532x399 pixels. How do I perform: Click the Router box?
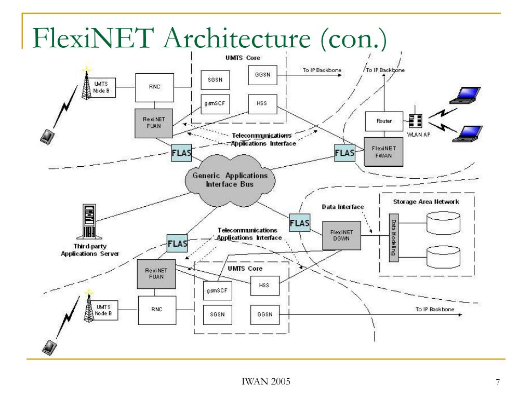click(384, 121)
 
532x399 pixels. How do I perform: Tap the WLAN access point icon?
click(415, 121)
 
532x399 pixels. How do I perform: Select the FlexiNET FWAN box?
click(383, 152)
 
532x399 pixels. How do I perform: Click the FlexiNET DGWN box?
click(341, 235)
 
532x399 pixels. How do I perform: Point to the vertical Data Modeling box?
click(394, 238)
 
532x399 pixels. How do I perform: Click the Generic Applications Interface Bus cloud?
click(230, 180)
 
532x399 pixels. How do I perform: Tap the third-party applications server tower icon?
click(89, 221)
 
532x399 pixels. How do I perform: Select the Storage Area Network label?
click(426, 202)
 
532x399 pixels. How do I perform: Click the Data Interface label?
click(343, 207)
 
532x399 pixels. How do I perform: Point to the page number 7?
click(498, 382)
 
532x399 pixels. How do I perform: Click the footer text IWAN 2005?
click(266, 382)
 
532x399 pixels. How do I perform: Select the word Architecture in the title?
click(237, 38)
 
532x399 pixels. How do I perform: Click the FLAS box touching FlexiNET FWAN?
click(345, 153)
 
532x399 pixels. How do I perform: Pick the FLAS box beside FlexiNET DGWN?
click(300, 222)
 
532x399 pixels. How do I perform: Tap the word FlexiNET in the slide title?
click(93, 38)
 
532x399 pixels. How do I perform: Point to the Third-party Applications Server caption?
click(90, 250)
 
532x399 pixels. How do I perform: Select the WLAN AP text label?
click(419, 135)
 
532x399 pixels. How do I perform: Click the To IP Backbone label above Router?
click(385, 70)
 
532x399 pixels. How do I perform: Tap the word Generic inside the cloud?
click(206, 176)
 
